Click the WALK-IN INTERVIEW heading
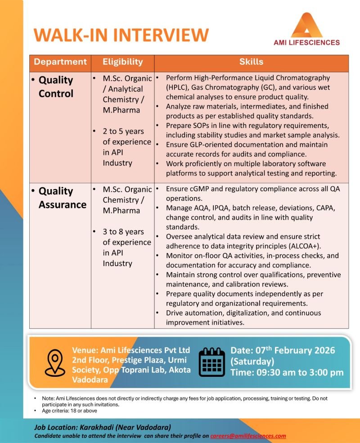tap(121, 35)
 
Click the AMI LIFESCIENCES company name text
tap(306, 43)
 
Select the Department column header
tap(60, 62)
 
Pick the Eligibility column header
tap(122, 62)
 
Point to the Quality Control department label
tap(56, 87)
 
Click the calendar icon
tap(211, 362)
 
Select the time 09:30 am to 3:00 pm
tap(287, 372)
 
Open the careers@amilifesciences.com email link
tap(248, 436)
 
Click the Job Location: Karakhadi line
tap(103, 427)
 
